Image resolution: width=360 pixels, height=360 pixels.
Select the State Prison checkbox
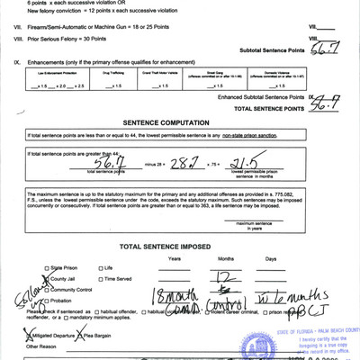47,268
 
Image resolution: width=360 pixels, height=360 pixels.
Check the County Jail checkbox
47,279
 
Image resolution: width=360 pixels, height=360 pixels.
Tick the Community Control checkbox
47,290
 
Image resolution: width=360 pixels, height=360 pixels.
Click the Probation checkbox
47,301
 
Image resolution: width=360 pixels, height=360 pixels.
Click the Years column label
175,257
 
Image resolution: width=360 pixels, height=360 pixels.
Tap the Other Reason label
43,345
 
